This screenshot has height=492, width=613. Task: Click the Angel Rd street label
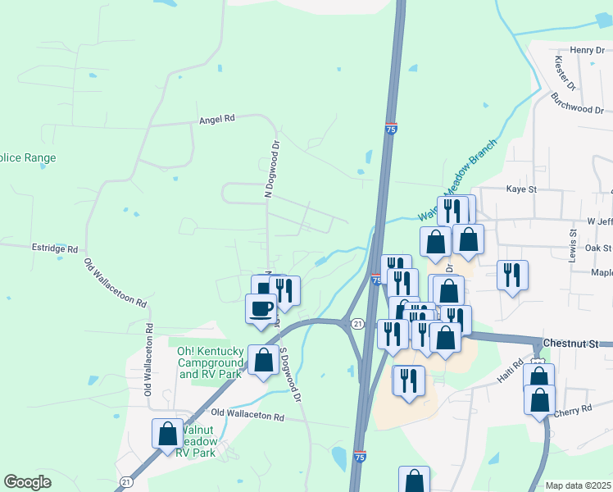(x=217, y=119)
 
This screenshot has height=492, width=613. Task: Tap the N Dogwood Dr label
(x=267, y=168)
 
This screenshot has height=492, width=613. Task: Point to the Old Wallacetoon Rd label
(x=116, y=283)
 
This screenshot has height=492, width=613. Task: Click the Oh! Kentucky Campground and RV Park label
(x=211, y=362)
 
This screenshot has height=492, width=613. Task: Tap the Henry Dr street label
(x=587, y=50)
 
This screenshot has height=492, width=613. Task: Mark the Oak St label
(x=599, y=248)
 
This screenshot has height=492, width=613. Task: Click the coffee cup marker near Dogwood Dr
(x=261, y=309)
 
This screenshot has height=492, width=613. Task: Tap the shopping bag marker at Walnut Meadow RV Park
(x=167, y=433)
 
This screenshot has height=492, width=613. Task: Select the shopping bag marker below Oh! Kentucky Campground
(x=264, y=360)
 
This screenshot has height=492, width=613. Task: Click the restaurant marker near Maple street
(x=512, y=275)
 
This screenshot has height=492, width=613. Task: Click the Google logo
(x=28, y=482)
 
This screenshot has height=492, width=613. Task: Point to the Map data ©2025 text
(x=579, y=485)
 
